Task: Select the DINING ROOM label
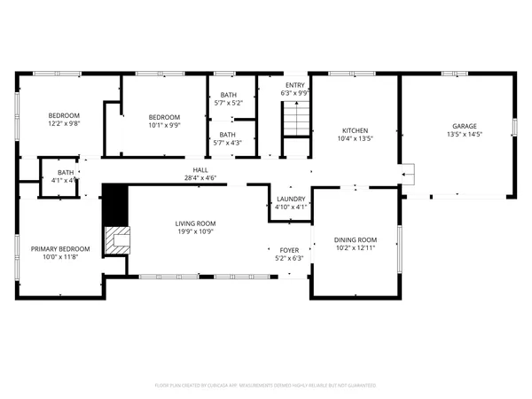pos(355,240)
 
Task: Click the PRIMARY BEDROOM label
pos(60,249)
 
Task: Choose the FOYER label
pos(289,250)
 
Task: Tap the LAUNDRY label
pos(291,199)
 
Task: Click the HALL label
pos(200,169)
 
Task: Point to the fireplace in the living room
pos(116,239)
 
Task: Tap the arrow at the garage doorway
pos(407,176)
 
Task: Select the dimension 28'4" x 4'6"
pos(200,178)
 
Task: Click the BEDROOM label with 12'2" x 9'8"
pos(64,115)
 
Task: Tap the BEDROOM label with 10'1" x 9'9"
pos(164,117)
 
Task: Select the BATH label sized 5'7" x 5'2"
pos(229,95)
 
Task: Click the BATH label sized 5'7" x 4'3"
pos(229,134)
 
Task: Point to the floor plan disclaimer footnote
pos(265,386)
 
